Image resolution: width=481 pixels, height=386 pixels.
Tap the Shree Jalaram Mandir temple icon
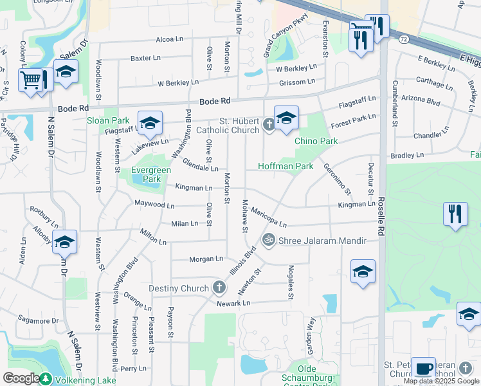(269, 241)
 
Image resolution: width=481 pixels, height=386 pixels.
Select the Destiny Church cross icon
(219, 288)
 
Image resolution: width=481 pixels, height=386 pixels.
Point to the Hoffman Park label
(286, 166)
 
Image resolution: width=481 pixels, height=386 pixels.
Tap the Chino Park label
(316, 141)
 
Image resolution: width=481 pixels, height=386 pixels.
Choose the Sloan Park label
(109, 120)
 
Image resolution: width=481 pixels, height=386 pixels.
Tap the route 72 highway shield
(403, 39)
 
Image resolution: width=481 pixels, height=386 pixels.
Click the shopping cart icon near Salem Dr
(30, 80)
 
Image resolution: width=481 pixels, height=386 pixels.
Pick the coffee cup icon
(423, 369)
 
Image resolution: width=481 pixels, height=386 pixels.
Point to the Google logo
(21, 378)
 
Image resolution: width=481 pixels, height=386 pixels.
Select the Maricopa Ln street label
(269, 217)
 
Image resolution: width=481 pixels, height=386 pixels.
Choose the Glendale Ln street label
(200, 165)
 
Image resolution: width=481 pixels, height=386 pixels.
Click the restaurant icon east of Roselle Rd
(455, 214)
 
